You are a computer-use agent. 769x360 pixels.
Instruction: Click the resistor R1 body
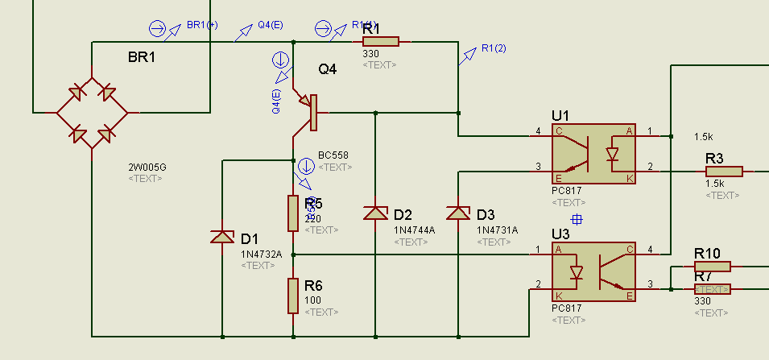pyautogui.click(x=380, y=42)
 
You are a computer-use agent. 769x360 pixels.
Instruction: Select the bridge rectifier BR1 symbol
pyautogui.click(x=92, y=113)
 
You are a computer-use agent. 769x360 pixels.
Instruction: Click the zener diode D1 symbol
pyautogui.click(x=221, y=236)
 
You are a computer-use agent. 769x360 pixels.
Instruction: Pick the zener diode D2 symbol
pyautogui.click(x=375, y=213)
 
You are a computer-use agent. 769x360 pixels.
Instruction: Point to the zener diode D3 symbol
pyautogui.click(x=457, y=213)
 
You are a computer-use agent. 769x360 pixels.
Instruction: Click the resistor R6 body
pyautogui.click(x=293, y=295)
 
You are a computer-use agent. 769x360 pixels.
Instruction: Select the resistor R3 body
pyautogui.click(x=724, y=171)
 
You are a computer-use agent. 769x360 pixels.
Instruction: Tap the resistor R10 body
pyautogui.click(x=712, y=267)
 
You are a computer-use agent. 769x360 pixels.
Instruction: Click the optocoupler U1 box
pyautogui.click(x=593, y=153)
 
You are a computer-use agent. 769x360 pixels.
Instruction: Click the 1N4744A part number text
pyautogui.click(x=414, y=230)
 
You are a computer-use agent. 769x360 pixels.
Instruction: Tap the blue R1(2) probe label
pyautogui.click(x=494, y=48)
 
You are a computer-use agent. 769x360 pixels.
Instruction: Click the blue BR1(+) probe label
pyautogui.click(x=202, y=25)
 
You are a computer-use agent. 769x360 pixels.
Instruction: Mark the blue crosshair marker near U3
pyautogui.click(x=577, y=219)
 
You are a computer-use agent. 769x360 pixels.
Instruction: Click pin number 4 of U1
pyautogui.click(x=538, y=131)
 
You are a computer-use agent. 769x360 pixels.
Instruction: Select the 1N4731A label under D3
pyautogui.click(x=497, y=230)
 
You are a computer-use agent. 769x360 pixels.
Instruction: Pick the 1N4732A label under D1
pyautogui.click(x=262, y=254)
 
